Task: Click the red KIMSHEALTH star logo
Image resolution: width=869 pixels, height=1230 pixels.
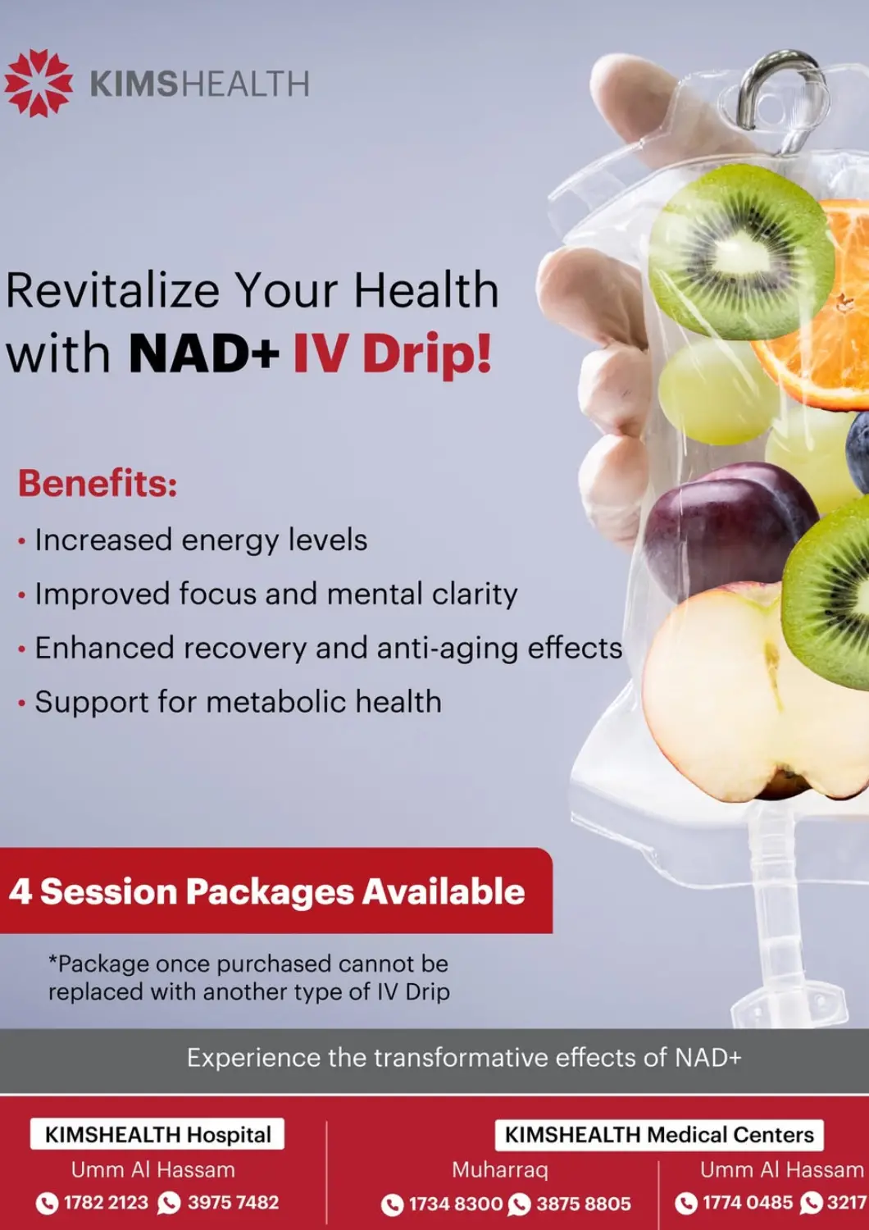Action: [x=38, y=83]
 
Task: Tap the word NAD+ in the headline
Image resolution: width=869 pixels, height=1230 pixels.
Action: [x=203, y=354]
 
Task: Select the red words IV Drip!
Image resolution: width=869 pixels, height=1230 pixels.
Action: [x=393, y=354]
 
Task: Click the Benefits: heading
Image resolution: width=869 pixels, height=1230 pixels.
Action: [x=98, y=483]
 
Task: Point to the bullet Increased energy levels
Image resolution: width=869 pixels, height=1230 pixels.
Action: [x=201, y=540]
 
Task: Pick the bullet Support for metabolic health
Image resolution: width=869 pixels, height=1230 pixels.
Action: [x=238, y=702]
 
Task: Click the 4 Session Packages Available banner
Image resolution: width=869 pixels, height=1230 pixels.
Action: [x=267, y=891]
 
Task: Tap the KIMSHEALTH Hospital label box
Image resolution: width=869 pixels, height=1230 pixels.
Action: [x=157, y=1134]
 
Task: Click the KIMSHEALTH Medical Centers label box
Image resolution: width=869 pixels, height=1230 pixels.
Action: [x=659, y=1135]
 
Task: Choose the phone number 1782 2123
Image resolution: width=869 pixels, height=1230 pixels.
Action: [x=106, y=1203]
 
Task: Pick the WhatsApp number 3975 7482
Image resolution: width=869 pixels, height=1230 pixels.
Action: [x=233, y=1203]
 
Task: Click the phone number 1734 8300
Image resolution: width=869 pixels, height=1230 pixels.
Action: [x=455, y=1204]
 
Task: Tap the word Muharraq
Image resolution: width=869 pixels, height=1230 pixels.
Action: [x=499, y=1169]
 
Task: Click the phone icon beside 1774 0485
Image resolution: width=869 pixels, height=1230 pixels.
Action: [x=685, y=1203]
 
